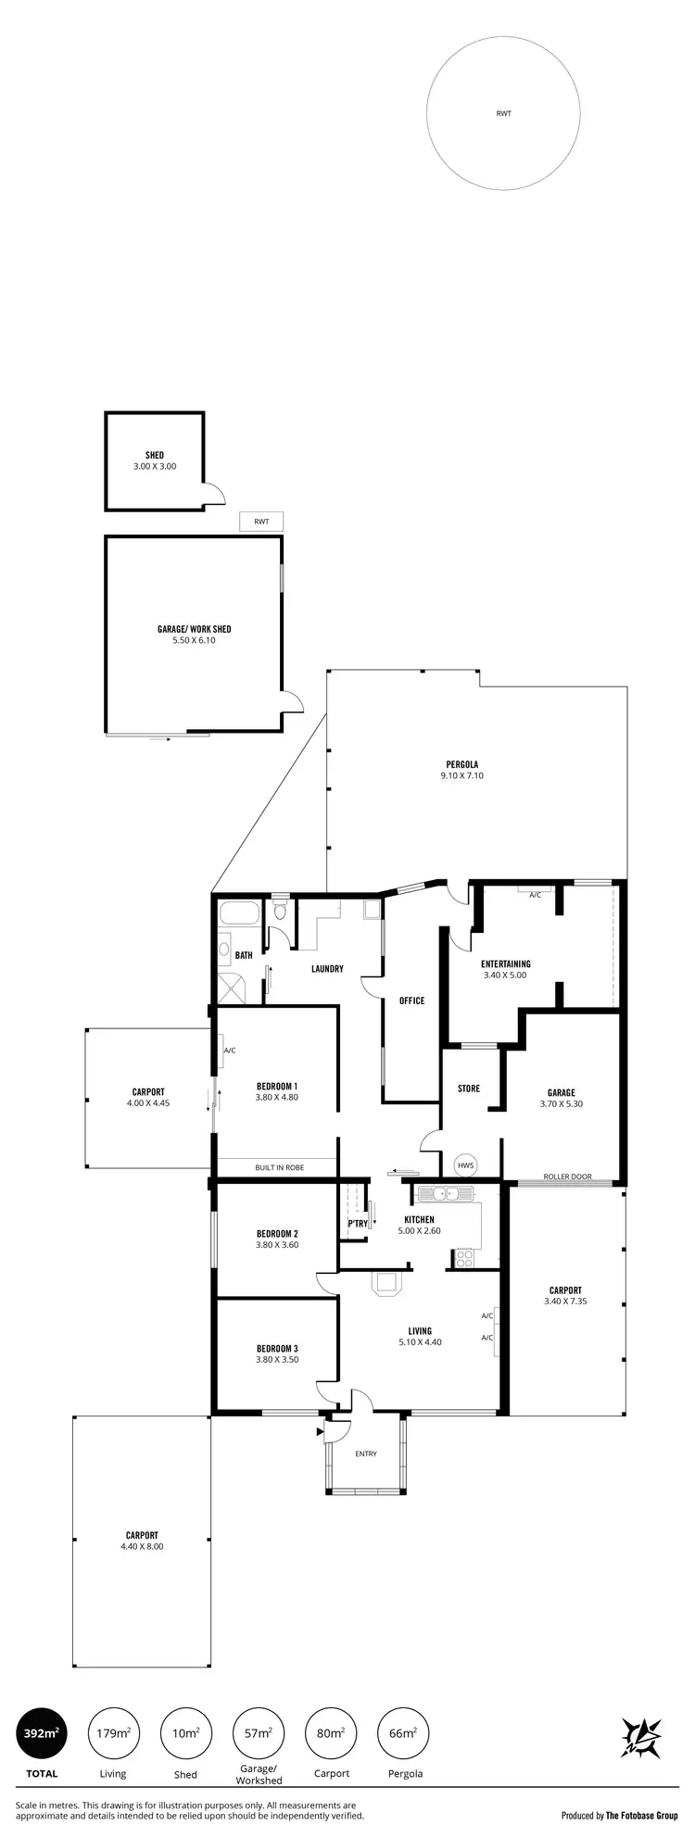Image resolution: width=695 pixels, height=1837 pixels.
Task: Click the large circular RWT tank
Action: (503, 114)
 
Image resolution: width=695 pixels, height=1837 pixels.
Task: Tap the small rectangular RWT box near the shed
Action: (261, 522)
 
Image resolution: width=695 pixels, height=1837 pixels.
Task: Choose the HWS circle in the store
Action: (464, 1165)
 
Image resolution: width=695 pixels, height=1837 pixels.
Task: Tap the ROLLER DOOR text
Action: (567, 1176)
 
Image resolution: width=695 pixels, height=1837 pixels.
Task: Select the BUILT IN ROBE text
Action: (279, 1167)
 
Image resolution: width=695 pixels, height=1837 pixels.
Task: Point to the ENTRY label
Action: (366, 1453)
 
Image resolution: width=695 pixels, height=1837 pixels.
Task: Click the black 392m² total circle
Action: (42, 1733)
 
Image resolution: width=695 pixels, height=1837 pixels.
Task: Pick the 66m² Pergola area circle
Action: (404, 1733)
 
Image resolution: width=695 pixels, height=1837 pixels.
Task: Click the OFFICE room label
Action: (411, 1000)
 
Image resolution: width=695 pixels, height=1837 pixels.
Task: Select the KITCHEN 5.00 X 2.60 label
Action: (419, 1225)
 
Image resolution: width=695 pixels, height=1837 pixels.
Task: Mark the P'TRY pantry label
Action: (358, 1224)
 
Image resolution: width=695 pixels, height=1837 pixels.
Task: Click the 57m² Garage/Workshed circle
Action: (259, 1733)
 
